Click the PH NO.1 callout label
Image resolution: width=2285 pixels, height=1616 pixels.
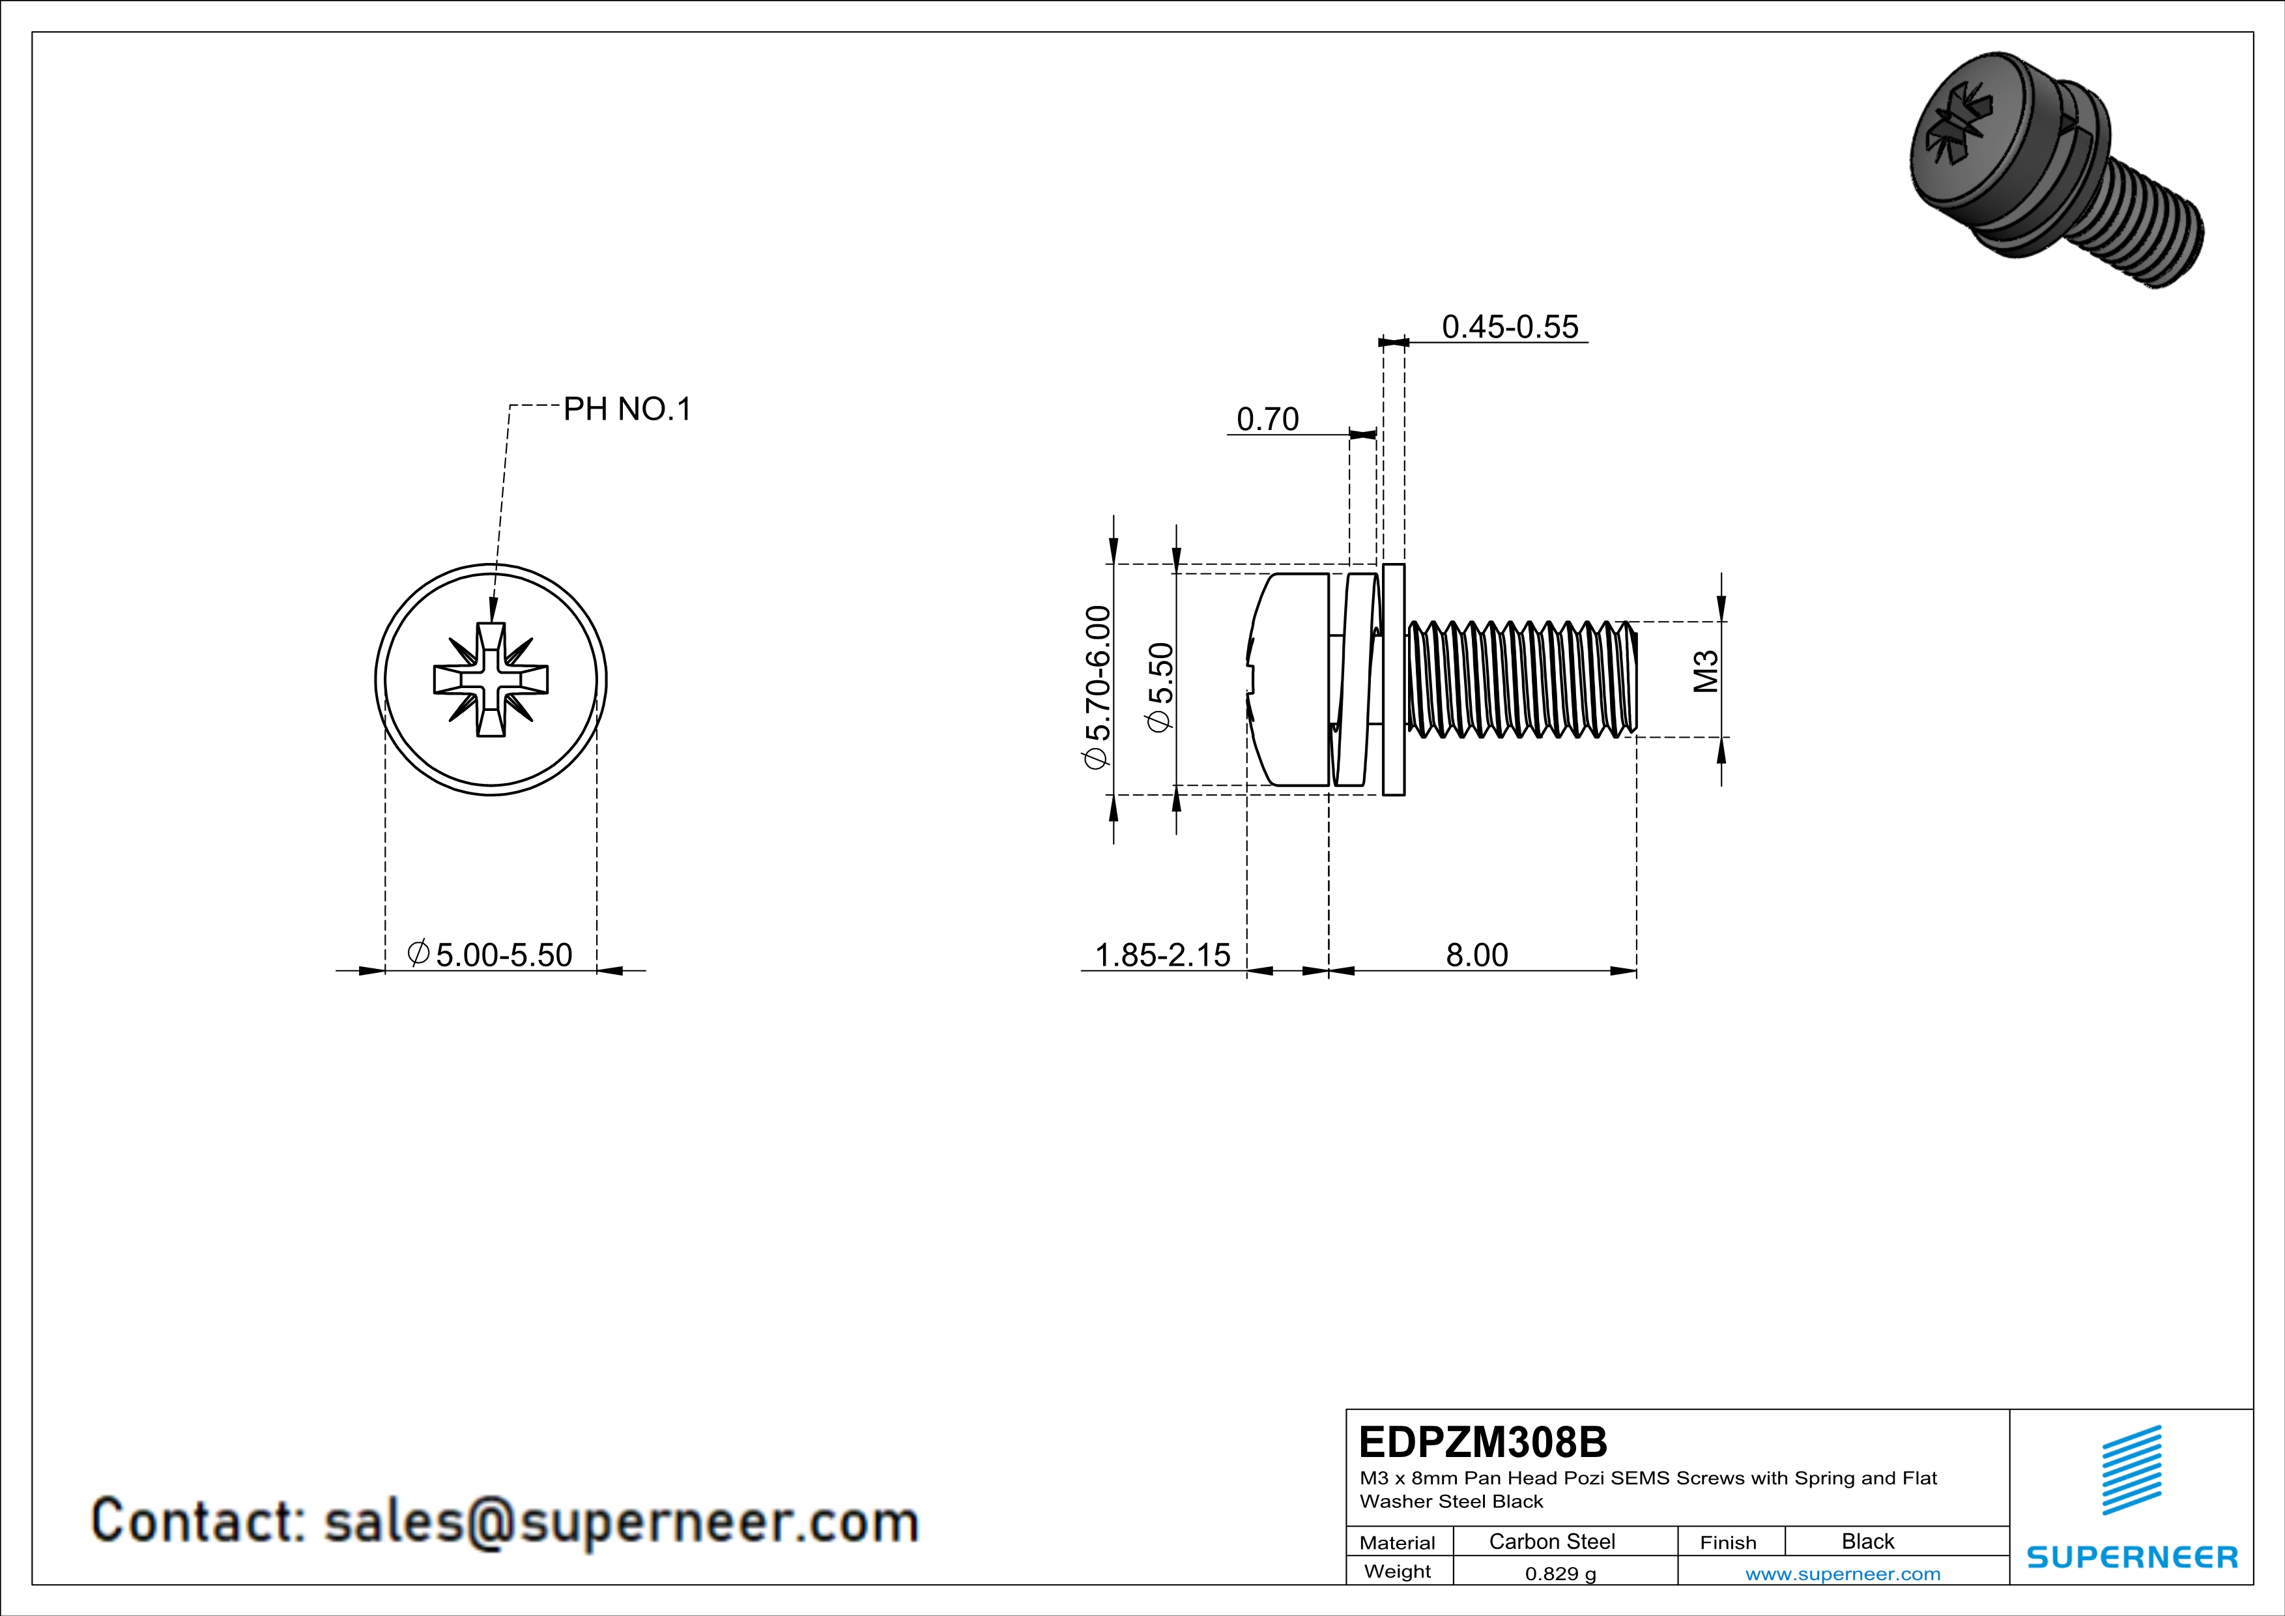click(x=627, y=409)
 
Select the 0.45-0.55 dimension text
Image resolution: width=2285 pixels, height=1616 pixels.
click(x=1509, y=326)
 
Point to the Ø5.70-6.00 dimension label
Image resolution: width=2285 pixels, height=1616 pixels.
click(x=1096, y=687)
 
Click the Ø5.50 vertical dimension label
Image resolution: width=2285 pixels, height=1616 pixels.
click(x=1160, y=687)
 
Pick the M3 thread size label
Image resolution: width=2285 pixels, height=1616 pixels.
click(x=1706, y=672)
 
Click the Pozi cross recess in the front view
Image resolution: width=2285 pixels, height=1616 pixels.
click(x=491, y=680)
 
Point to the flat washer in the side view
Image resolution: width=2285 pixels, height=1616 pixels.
click(x=1393, y=680)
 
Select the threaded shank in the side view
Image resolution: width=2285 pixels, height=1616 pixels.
click(x=1523, y=680)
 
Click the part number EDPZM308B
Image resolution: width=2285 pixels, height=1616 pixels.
click(x=1482, y=1442)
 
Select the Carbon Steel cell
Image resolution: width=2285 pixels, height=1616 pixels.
click(x=1551, y=1541)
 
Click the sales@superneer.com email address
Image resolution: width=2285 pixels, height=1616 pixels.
click(x=621, y=1522)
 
